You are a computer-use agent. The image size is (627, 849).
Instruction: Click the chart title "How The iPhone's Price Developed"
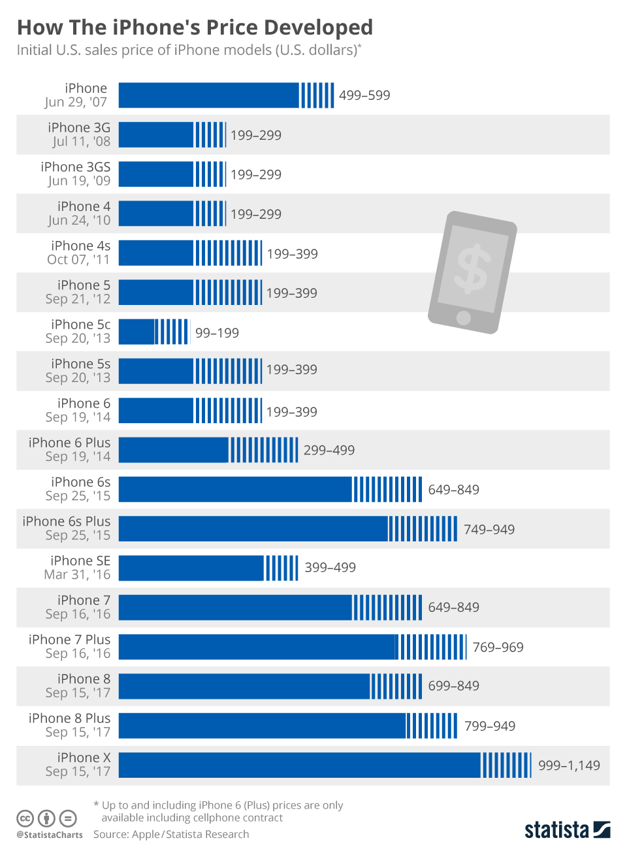(195, 27)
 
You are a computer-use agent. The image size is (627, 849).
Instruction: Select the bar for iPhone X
(325, 765)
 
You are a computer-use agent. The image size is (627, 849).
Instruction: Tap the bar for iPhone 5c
(154, 332)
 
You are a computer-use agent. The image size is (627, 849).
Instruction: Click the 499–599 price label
(364, 95)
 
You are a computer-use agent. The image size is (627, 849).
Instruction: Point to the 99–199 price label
(217, 333)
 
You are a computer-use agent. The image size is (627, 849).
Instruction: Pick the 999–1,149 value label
(569, 765)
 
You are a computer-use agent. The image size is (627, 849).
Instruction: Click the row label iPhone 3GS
(76, 167)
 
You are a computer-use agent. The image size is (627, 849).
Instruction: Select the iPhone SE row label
(80, 561)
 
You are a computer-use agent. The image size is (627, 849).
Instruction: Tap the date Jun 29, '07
(76, 103)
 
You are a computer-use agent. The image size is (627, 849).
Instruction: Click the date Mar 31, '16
(77, 575)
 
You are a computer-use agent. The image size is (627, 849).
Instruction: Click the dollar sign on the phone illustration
(472, 268)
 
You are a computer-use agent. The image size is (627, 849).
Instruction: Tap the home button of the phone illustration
(464, 318)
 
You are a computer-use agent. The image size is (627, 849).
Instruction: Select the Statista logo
(567, 829)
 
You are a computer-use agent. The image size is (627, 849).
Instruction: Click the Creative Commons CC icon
(25, 818)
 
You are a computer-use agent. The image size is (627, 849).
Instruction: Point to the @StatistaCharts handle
(50, 835)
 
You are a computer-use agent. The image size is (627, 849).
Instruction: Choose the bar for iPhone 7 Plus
(293, 647)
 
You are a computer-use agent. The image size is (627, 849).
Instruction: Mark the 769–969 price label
(498, 647)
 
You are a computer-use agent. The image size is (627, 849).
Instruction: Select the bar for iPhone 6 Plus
(208, 450)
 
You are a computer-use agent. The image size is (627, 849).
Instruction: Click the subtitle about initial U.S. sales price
(189, 50)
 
